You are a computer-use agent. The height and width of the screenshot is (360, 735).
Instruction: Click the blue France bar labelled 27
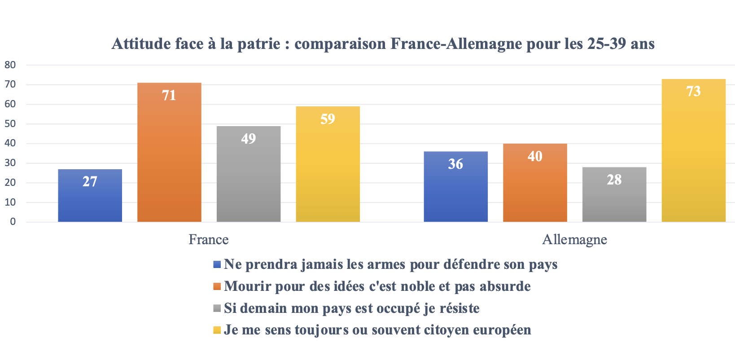click(x=90, y=195)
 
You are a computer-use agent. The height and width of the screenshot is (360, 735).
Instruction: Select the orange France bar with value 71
click(x=169, y=152)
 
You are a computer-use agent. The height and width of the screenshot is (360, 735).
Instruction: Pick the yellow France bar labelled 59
click(x=328, y=164)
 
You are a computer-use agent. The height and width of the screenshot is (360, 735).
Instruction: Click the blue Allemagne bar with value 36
click(x=455, y=186)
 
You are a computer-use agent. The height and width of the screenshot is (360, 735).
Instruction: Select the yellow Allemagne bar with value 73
click(x=693, y=150)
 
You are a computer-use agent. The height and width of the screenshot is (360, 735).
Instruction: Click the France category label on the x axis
click(x=209, y=239)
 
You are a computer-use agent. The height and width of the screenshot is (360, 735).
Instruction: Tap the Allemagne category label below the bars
click(x=574, y=239)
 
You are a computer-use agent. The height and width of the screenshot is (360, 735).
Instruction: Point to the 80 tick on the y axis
click(x=10, y=65)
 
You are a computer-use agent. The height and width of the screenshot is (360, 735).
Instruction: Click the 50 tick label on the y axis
click(x=10, y=123)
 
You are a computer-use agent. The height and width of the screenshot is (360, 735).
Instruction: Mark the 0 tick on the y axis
click(x=13, y=222)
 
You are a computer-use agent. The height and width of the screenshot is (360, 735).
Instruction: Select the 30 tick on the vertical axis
click(x=10, y=163)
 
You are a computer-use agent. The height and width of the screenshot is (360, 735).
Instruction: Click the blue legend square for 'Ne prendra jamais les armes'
click(x=217, y=265)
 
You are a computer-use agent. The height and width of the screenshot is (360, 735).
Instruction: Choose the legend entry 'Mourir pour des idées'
click(x=377, y=286)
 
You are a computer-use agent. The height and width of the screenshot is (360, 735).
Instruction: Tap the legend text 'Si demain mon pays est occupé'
click(x=351, y=308)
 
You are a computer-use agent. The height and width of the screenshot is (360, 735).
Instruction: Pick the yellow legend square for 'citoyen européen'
click(x=217, y=330)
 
